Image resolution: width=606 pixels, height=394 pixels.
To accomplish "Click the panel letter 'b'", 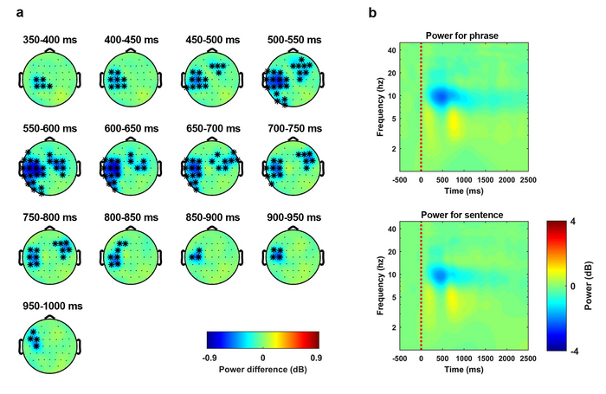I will (372, 13).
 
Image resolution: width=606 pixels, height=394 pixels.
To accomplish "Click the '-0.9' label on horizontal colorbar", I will (208, 356).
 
